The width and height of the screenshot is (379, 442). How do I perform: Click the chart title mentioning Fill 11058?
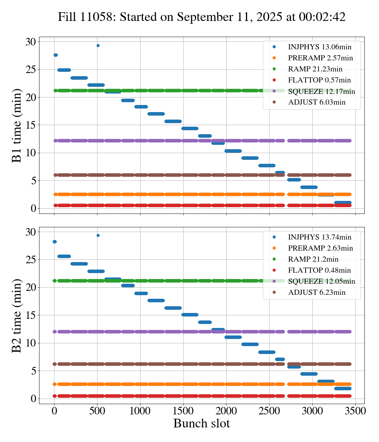[202, 17]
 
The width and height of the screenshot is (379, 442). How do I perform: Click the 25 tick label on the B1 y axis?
[30, 70]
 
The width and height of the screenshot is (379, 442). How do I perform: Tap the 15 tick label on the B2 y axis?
[30, 315]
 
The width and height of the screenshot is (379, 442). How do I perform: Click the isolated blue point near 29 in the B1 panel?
[98, 45]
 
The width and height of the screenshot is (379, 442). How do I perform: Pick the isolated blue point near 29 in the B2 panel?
[98, 235]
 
